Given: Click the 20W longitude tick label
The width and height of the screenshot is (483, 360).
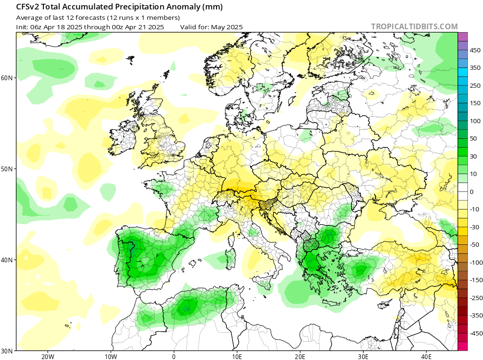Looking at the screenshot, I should pyautogui.click(x=47, y=356).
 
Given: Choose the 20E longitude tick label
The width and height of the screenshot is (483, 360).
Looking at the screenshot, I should pyautogui.click(x=300, y=356).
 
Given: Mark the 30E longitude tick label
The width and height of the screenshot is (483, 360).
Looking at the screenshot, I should pyautogui.click(x=364, y=356).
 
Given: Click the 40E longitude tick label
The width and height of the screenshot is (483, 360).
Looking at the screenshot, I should pyautogui.click(x=427, y=356).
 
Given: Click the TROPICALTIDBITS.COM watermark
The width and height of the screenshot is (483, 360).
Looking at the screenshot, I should pyautogui.click(x=414, y=27).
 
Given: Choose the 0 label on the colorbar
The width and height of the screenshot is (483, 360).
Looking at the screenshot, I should pyautogui.click(x=471, y=192).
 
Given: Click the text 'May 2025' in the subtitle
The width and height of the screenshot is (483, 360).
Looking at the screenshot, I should pyautogui.click(x=227, y=27).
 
